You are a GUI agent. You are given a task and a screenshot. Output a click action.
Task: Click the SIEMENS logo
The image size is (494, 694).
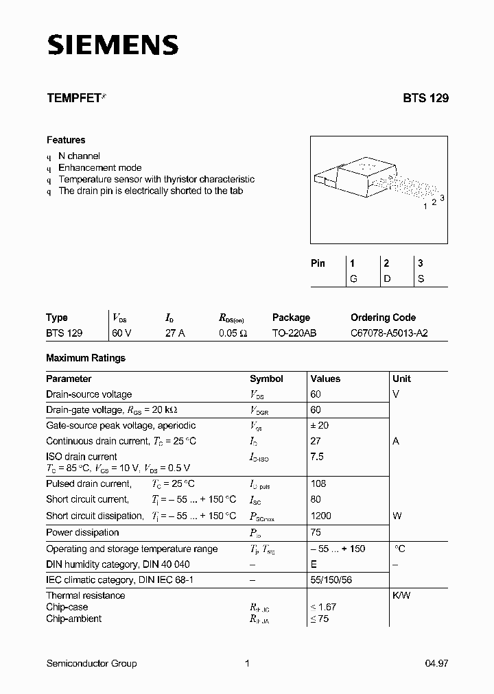click(113, 45)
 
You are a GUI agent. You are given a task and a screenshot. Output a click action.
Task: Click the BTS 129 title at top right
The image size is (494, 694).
click(425, 98)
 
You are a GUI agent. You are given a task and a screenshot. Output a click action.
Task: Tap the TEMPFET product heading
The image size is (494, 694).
click(73, 98)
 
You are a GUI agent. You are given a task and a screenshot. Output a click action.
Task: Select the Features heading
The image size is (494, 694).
click(66, 140)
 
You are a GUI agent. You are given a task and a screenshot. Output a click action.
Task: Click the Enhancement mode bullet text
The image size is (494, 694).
click(100, 167)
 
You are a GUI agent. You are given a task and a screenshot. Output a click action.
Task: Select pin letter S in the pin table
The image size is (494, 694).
click(421, 279)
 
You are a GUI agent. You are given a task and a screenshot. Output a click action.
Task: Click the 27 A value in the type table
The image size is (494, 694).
click(176, 333)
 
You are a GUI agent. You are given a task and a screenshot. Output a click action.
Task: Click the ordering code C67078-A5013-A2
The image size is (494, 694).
click(389, 333)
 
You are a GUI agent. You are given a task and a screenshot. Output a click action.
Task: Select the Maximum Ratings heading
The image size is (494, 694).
click(86, 358)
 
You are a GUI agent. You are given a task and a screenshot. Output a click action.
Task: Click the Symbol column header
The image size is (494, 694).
click(266, 379)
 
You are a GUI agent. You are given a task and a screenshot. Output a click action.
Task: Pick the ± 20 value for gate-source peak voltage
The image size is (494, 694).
click(320, 425)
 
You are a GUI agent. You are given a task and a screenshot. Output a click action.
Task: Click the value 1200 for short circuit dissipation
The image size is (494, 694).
click(320, 516)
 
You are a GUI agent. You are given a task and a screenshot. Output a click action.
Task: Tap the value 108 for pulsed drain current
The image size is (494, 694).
click(318, 483)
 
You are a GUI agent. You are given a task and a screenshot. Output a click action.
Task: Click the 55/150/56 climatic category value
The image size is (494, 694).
click(332, 580)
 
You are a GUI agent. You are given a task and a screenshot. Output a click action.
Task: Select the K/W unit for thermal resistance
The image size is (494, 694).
click(401, 595)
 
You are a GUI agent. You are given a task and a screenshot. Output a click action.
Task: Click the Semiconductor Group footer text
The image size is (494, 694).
click(91, 663)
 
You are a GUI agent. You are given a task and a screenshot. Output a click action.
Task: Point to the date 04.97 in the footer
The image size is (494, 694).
click(436, 663)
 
